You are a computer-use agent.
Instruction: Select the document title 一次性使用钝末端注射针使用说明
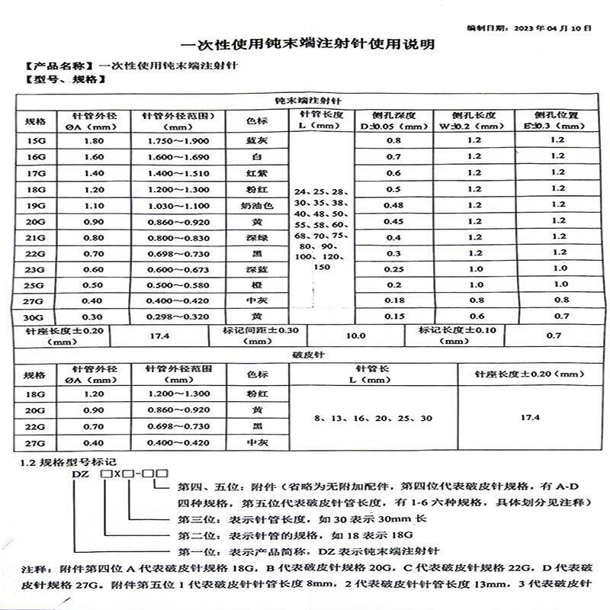click(311, 45)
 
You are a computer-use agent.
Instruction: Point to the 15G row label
click(36, 141)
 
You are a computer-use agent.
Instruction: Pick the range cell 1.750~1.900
click(178, 141)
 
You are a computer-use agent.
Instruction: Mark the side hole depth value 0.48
click(393, 205)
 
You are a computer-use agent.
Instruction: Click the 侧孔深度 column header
click(393, 120)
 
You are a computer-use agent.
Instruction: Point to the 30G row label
click(36, 316)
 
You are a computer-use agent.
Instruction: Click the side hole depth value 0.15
click(393, 316)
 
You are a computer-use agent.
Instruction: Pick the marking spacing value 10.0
click(356, 335)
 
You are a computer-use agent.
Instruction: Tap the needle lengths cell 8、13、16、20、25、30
click(373, 419)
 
